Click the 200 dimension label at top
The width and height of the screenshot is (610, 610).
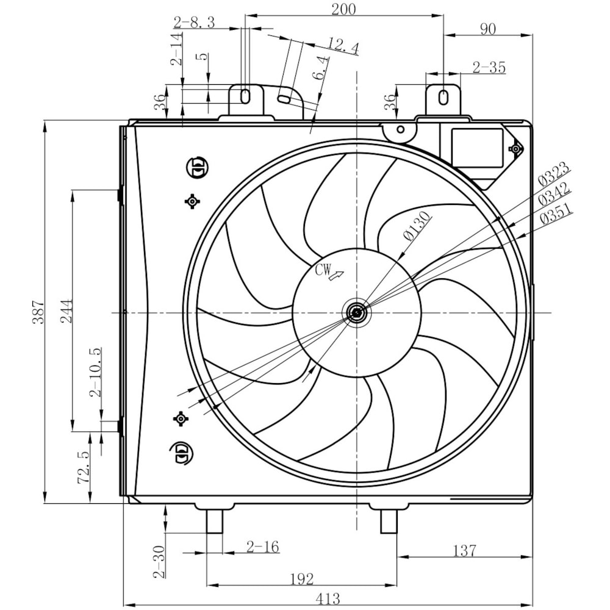(x=343, y=9)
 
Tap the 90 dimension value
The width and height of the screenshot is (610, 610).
(x=487, y=29)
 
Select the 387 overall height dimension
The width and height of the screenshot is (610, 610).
(x=38, y=312)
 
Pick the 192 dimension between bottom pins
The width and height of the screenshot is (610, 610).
(x=301, y=578)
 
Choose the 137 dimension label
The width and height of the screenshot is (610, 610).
(x=464, y=550)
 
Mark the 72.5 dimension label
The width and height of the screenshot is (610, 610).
(x=84, y=467)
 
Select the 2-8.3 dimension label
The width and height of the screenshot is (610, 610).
(x=194, y=23)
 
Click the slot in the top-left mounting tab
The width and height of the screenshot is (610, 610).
(x=245, y=96)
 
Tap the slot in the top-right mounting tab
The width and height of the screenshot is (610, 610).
(x=443, y=96)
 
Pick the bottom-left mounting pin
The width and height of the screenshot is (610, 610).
(x=214, y=521)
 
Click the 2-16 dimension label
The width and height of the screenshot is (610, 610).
(x=263, y=547)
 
